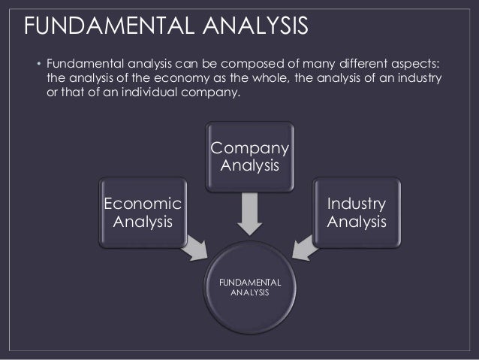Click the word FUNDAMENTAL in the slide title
101,28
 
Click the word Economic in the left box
143,204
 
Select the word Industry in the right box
357,204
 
